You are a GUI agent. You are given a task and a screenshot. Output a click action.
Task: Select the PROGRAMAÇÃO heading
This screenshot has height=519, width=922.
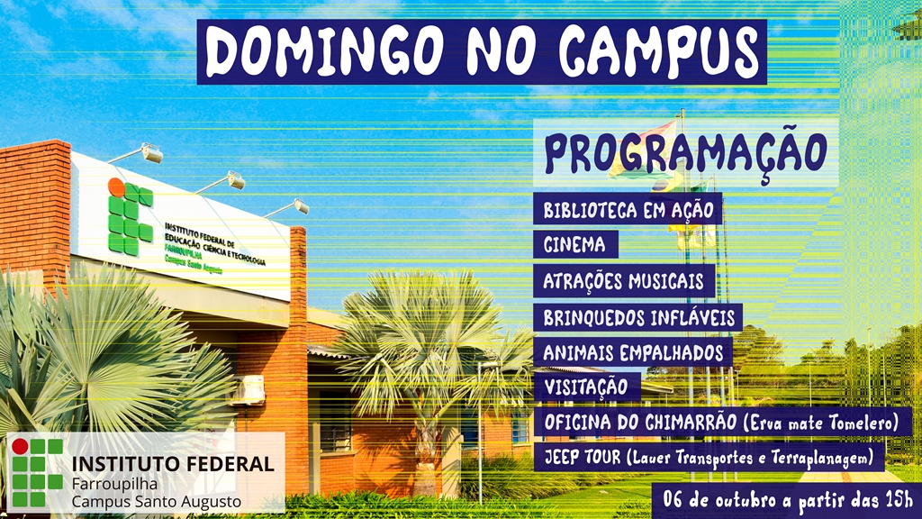coord(685,153)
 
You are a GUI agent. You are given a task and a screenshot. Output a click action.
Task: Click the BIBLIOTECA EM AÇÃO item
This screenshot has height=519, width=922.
coord(628,211)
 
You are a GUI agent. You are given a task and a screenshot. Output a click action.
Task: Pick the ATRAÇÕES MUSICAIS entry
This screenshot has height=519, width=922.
coord(620,280)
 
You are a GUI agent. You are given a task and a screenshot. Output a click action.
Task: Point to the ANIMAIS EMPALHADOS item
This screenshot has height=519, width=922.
coord(633,351)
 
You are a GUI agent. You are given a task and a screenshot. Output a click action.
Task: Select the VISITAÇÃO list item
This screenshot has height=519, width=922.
coord(585,387)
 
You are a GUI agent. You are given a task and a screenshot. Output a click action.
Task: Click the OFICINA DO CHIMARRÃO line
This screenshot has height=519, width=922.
coord(720,423)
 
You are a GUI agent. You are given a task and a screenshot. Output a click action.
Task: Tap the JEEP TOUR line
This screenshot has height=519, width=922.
coord(708,458)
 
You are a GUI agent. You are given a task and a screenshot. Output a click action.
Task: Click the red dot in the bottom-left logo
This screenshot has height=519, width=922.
coord(20,447)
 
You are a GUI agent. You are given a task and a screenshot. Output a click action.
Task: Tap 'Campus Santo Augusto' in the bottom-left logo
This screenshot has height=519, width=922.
coord(156,500)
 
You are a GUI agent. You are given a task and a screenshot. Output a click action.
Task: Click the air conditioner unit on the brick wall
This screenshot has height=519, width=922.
coord(249,389)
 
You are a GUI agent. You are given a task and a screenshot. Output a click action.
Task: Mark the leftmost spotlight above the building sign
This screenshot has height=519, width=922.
coord(149,153)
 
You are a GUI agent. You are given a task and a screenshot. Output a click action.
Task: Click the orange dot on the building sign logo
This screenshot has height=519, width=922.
coord(115,187)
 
